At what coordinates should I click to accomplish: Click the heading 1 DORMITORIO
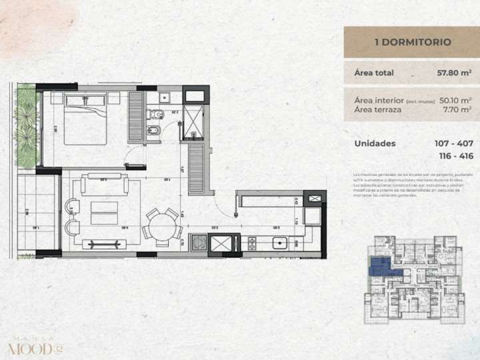tap(413, 42)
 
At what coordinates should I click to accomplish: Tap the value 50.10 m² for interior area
tap(455, 100)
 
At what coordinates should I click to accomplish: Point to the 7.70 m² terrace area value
tap(457, 109)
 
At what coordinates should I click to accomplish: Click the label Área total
tap(374, 73)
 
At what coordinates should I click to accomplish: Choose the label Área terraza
tap(378, 109)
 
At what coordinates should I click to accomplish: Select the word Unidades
tap(375, 143)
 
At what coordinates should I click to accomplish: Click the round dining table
tap(161, 227)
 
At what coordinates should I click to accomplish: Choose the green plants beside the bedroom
tap(27, 127)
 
